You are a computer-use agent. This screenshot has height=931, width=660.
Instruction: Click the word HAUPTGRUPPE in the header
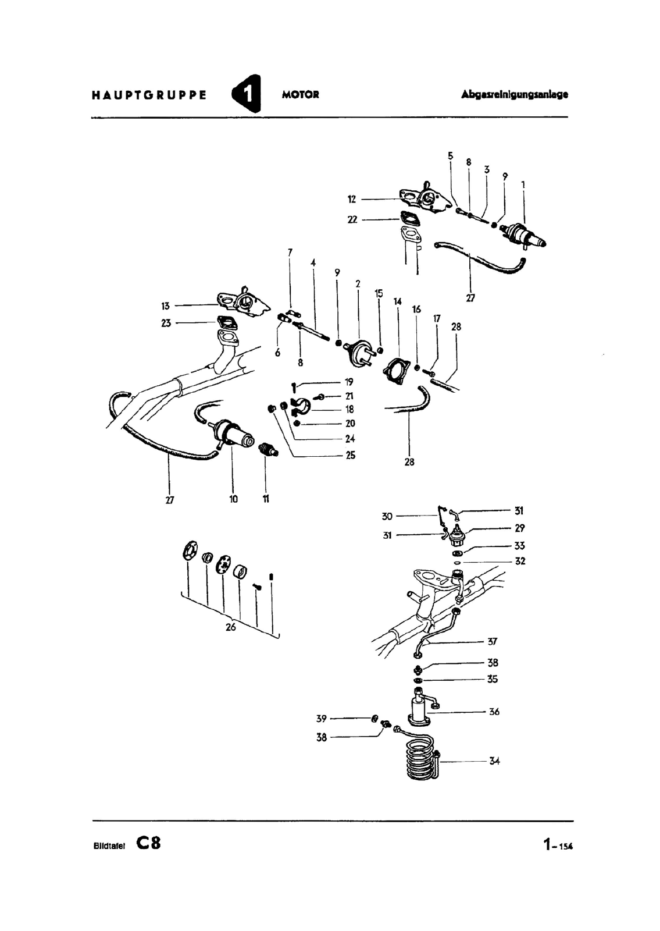tap(149, 95)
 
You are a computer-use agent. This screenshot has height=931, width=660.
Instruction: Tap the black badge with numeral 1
tap(246, 94)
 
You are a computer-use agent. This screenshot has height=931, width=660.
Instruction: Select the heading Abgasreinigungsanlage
tap(514, 94)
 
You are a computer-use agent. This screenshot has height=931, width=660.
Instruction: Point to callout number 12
tap(352, 200)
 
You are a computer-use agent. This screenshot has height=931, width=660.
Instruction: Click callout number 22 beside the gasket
tap(352, 220)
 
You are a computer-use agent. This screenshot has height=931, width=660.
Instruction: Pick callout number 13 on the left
tap(166, 306)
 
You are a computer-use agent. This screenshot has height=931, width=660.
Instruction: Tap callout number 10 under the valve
tap(233, 499)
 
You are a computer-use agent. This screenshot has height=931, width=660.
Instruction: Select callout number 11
tap(266, 499)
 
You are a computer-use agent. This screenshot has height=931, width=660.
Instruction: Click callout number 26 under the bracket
tap(230, 627)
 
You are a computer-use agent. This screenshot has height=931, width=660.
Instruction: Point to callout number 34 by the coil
tap(494, 761)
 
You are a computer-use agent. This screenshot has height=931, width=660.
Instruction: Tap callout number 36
tap(494, 711)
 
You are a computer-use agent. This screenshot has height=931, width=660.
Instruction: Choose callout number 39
tap(321, 719)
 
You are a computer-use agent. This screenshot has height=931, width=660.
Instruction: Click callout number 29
tap(519, 528)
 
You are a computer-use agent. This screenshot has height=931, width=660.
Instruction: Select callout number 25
tap(350, 456)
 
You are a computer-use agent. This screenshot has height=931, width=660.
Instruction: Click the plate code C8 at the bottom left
tap(149, 843)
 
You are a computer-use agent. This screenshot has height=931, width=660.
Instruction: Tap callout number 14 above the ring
tap(398, 301)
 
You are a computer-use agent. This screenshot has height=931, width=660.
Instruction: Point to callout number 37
tap(493, 642)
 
